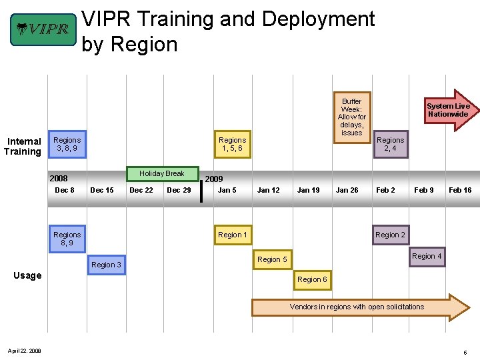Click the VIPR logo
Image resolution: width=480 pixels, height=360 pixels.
click(43, 29)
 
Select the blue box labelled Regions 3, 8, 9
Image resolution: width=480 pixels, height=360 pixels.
click(67, 144)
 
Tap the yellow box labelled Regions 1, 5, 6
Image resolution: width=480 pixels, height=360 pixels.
click(232, 144)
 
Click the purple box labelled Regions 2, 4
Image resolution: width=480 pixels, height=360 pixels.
click(390, 144)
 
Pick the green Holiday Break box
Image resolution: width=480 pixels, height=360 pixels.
click(162, 173)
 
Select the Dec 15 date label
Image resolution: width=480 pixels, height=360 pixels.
click(101, 191)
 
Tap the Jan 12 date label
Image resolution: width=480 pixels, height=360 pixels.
click(268, 191)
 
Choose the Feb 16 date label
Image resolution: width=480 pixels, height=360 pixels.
click(460, 191)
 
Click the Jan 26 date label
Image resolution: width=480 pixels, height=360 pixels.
click(347, 191)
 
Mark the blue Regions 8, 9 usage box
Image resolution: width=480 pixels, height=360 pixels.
click(67, 239)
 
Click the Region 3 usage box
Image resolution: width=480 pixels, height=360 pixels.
click(106, 265)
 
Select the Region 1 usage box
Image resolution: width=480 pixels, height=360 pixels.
click(232, 235)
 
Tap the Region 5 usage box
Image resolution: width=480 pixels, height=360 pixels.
click(272, 259)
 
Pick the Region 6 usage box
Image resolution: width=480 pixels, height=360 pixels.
click(312, 279)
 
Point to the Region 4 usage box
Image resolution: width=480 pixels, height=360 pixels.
click(427, 256)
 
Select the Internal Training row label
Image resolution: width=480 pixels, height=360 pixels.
click(23, 146)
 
